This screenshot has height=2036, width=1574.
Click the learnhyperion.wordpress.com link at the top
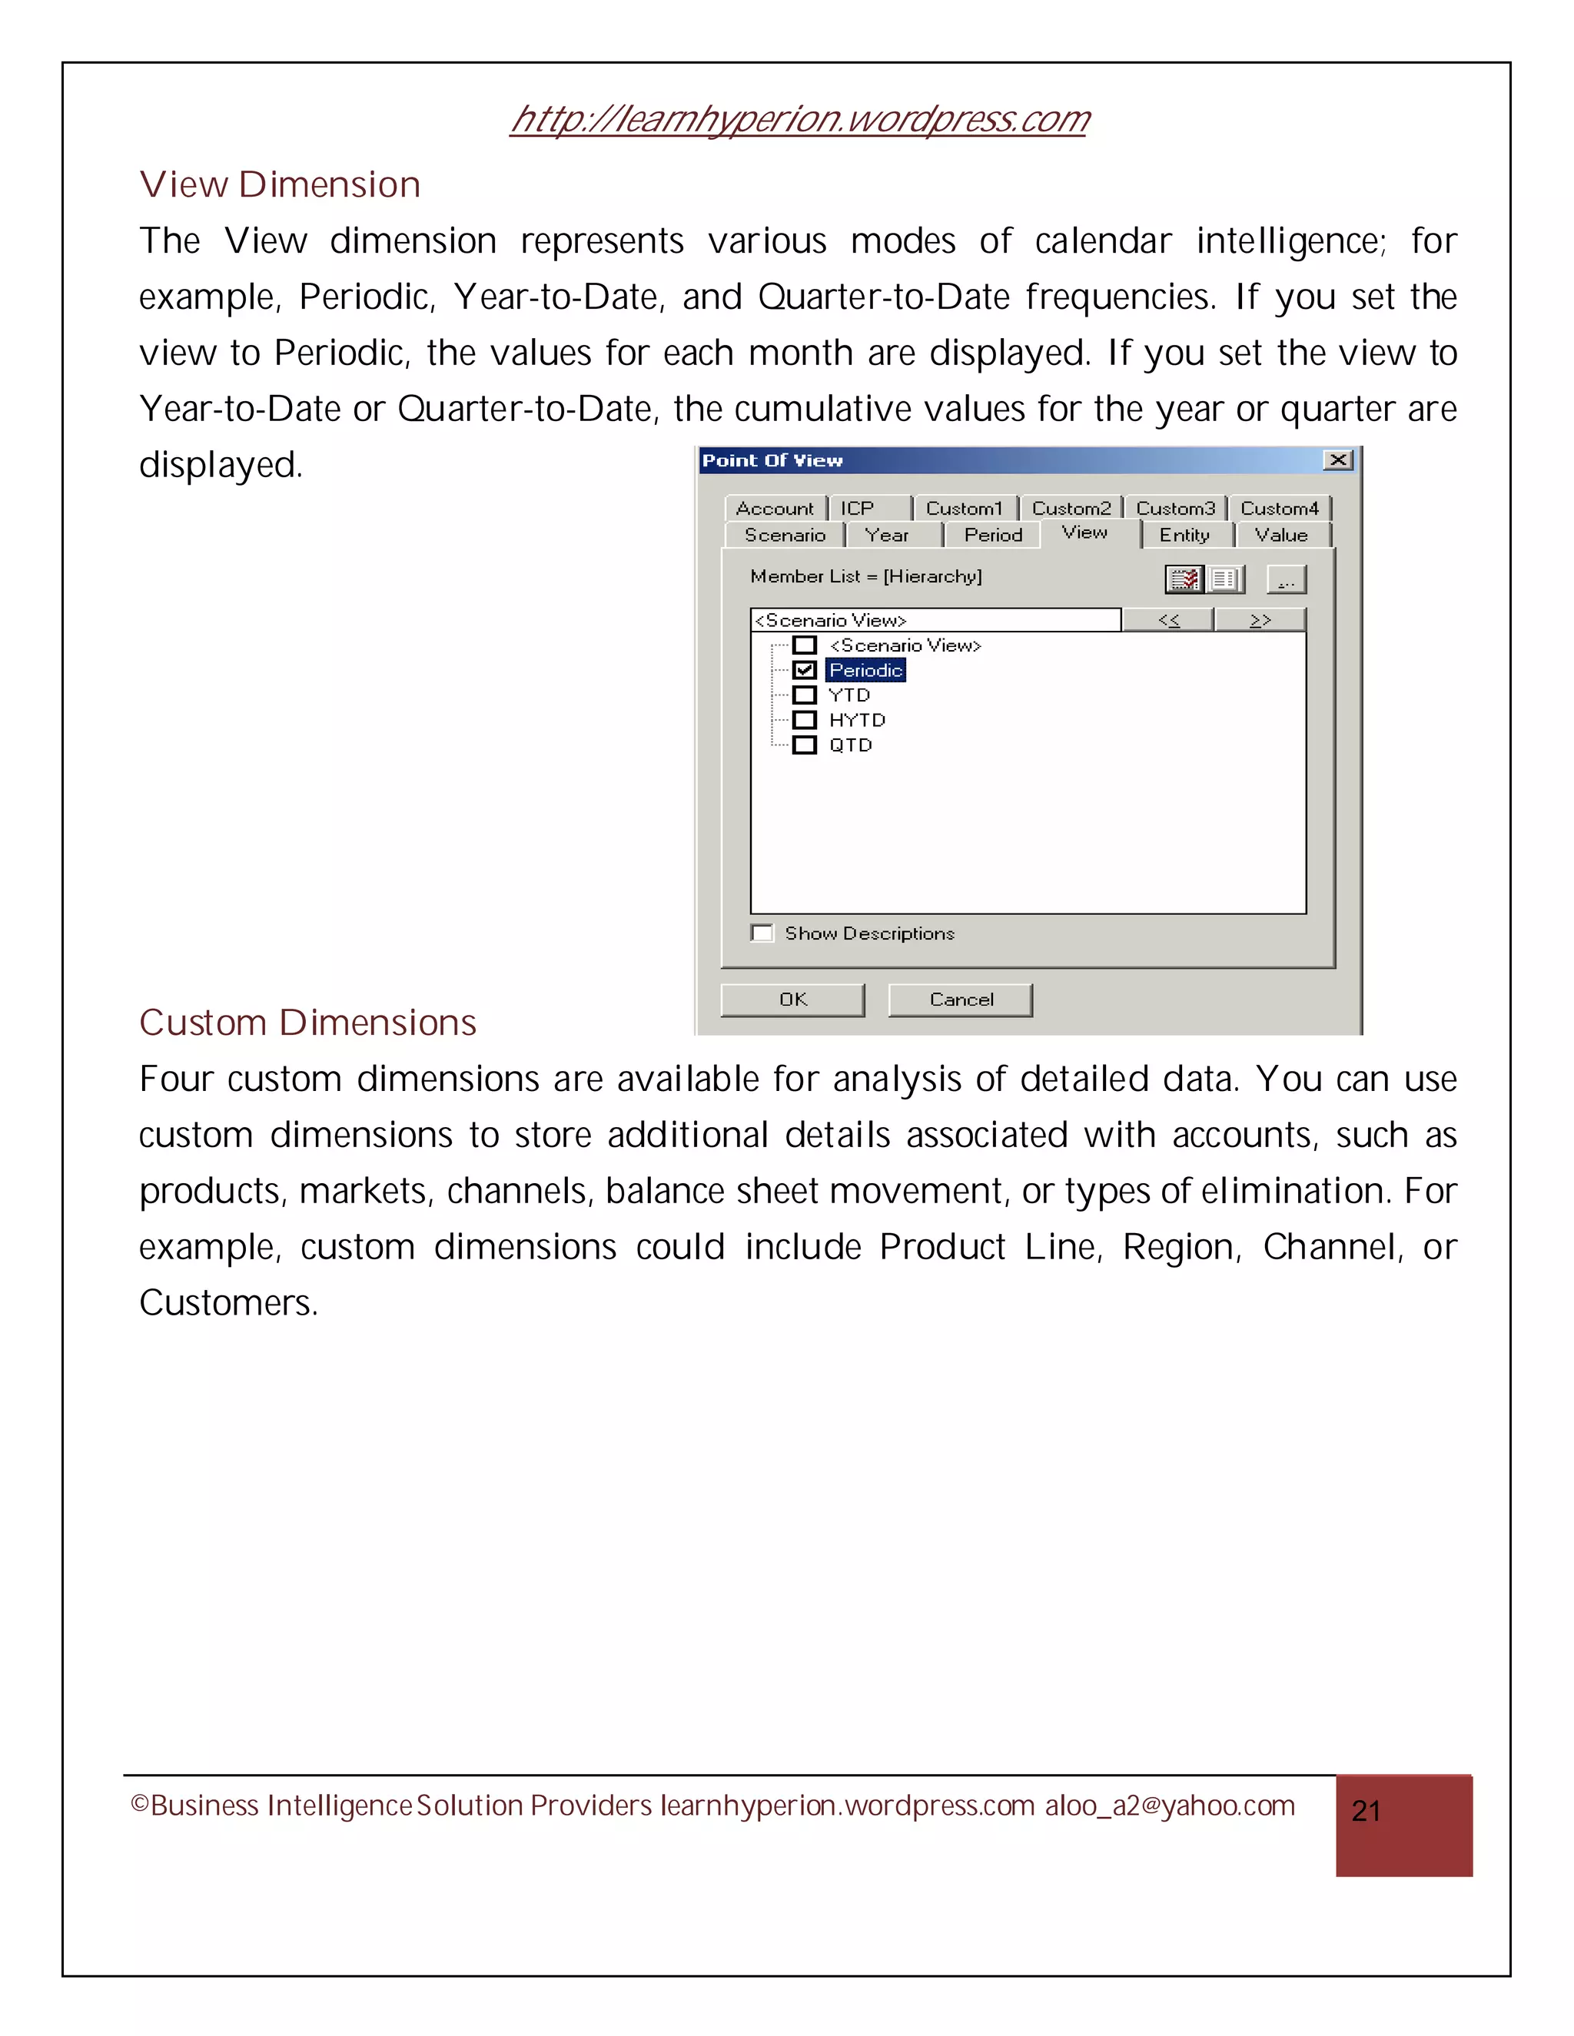tap(799, 119)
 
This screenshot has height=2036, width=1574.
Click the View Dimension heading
tap(280, 184)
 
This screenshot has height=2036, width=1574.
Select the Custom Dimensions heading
tap(307, 1023)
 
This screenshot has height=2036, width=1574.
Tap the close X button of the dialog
tap(1338, 460)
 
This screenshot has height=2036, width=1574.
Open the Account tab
tap(774, 508)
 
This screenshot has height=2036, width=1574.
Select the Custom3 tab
tap(1175, 508)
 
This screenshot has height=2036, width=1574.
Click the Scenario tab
tap(784, 535)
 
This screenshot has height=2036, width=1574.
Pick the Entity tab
tap(1184, 535)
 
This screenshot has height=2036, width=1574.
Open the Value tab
tap(1281, 535)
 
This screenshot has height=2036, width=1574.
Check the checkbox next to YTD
tap(805, 695)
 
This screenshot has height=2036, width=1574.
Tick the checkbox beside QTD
tap(805, 744)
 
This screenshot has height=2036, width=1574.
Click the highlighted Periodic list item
tap(865, 670)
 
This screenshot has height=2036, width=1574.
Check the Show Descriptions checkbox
tap(762, 933)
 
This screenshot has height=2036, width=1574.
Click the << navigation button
tap(1168, 621)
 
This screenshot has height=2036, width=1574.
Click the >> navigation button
tap(1260, 621)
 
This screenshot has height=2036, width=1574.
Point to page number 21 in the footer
tap(1366, 1812)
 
